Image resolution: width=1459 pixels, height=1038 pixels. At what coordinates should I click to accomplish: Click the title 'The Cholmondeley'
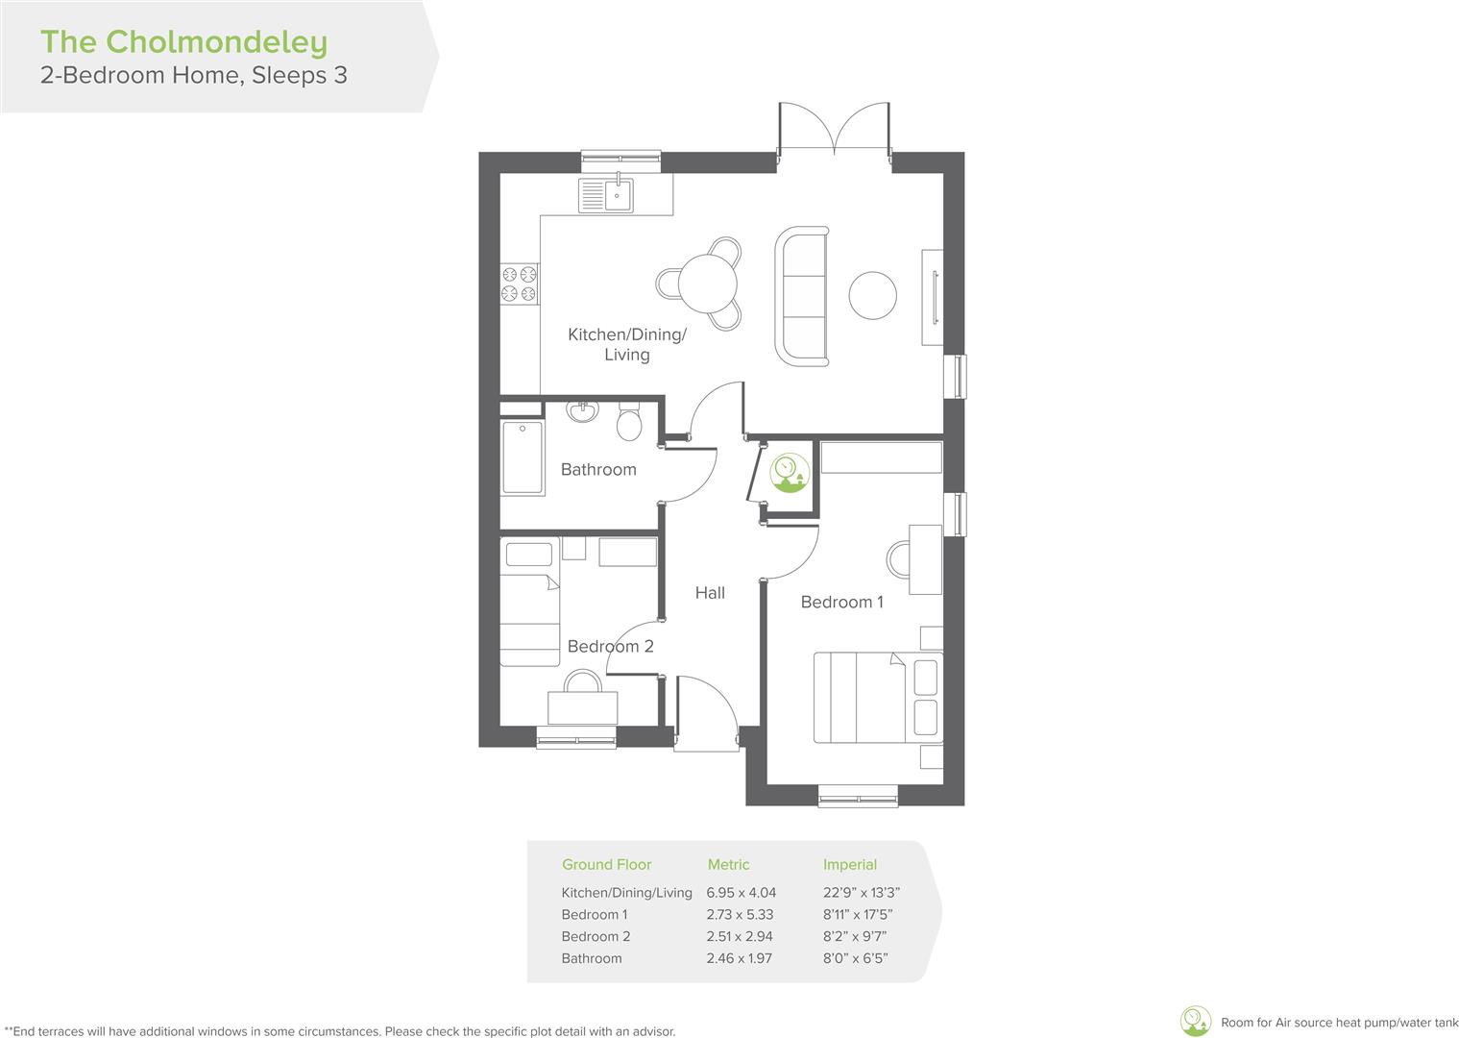(183, 42)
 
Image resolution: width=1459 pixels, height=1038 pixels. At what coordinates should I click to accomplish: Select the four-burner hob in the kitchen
(519, 284)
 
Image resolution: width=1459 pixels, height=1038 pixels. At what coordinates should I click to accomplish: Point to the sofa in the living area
(803, 296)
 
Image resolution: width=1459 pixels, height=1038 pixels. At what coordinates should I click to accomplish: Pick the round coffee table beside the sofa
(873, 295)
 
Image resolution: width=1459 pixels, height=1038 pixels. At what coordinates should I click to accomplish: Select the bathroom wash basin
(582, 411)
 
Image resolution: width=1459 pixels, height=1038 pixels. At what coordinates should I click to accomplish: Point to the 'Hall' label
(710, 593)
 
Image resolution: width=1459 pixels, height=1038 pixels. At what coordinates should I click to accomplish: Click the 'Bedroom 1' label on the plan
(841, 603)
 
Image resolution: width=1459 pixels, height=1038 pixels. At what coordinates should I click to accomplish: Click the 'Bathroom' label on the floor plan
(598, 470)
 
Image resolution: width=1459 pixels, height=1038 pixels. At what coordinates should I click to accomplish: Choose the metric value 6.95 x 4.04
(741, 893)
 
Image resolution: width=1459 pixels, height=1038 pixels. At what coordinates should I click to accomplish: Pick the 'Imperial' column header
(849, 865)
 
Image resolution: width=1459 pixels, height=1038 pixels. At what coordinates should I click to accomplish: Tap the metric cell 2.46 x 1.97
(739, 958)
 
